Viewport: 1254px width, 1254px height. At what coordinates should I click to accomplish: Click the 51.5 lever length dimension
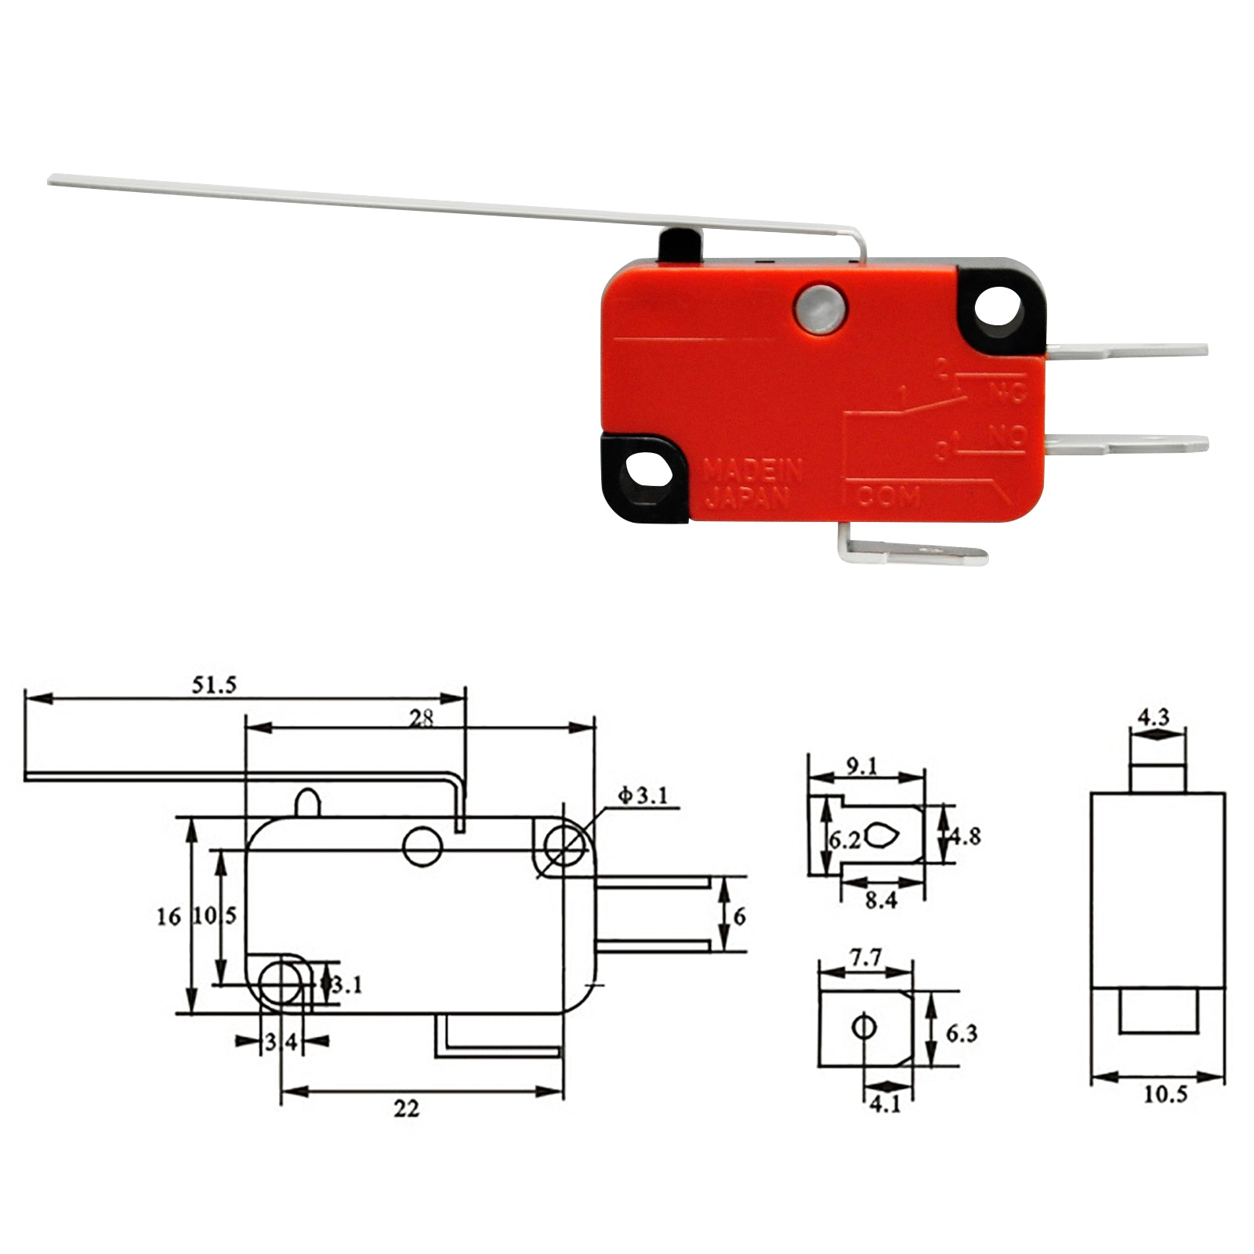tap(214, 685)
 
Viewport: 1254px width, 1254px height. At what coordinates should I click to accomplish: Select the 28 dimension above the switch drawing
tap(421, 718)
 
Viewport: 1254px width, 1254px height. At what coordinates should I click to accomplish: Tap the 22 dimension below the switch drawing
tap(406, 1108)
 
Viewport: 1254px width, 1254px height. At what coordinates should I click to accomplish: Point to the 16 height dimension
tap(169, 916)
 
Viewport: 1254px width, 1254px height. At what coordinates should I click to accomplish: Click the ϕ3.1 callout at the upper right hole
tap(643, 796)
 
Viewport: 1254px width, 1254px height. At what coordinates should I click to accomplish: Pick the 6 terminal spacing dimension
tap(739, 915)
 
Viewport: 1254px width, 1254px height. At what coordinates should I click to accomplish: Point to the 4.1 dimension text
tap(886, 1104)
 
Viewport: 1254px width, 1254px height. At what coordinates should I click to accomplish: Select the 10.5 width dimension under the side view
tap(1165, 1095)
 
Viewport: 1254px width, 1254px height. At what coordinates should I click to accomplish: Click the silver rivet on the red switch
tap(820, 309)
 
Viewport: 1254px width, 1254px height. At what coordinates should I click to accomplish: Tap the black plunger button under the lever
tap(679, 245)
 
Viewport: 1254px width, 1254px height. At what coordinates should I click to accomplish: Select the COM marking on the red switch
tap(888, 495)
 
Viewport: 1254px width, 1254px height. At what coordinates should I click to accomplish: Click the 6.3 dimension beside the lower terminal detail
tap(961, 1034)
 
